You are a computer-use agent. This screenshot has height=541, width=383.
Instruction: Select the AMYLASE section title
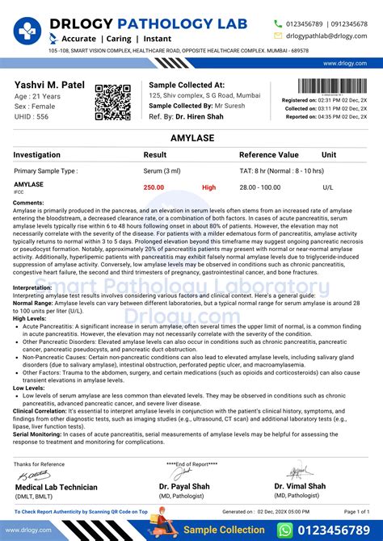tap(191, 139)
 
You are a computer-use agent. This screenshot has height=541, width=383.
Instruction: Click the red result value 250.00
tap(154, 187)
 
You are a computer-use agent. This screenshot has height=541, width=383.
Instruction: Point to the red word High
tap(209, 187)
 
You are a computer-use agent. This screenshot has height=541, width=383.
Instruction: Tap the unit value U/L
tap(327, 187)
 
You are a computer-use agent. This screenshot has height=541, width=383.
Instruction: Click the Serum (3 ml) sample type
tap(163, 171)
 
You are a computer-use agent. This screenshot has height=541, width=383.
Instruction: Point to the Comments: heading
tap(29, 203)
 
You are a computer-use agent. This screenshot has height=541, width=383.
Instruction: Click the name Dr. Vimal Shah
tap(300, 486)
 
